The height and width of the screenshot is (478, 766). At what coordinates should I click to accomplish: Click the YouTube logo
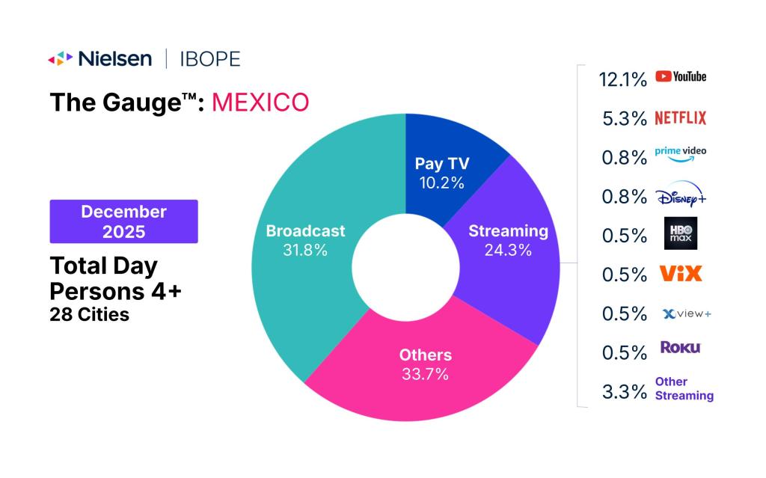click(680, 76)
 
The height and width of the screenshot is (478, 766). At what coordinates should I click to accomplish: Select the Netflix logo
click(680, 117)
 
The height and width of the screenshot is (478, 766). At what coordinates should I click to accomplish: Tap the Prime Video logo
click(680, 153)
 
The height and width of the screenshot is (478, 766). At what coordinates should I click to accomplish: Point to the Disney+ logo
click(679, 196)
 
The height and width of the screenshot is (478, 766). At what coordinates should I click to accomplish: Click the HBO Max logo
click(680, 233)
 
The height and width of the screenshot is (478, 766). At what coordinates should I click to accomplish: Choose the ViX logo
click(680, 274)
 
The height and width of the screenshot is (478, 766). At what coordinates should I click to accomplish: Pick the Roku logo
click(680, 347)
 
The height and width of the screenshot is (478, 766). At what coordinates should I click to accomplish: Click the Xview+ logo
click(686, 313)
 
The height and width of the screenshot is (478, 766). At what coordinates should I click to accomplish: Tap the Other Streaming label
click(684, 388)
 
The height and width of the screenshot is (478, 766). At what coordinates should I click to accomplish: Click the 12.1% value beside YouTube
click(622, 79)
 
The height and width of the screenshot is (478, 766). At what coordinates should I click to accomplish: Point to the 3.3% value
click(624, 392)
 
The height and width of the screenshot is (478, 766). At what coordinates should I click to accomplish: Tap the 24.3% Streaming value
click(507, 251)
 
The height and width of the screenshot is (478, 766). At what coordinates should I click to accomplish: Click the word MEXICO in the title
click(260, 102)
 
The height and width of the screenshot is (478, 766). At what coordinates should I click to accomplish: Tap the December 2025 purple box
click(123, 221)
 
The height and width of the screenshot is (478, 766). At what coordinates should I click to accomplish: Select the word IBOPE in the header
click(210, 58)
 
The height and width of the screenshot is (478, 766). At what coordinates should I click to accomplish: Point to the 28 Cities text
click(89, 314)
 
